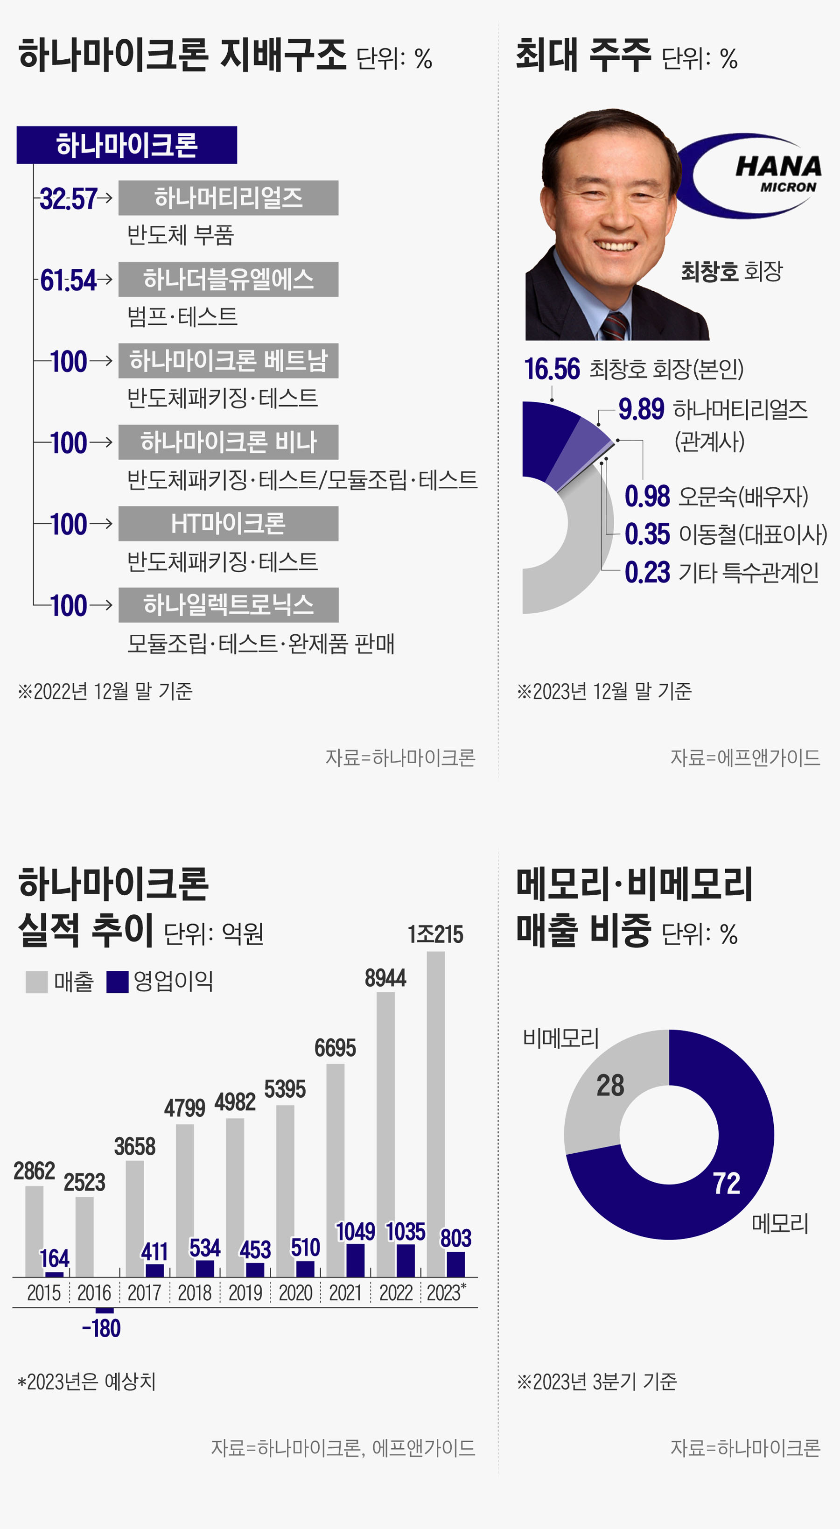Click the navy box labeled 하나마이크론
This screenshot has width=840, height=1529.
126,145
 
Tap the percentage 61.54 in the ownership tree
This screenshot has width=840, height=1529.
68,280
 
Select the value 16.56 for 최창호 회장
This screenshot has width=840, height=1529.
552,369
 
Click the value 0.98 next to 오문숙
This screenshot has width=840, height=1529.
647,497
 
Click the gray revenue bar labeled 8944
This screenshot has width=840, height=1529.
385,1134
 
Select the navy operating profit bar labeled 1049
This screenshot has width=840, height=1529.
355,1260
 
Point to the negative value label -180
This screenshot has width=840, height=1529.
102,1328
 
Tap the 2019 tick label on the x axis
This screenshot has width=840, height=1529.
245,1293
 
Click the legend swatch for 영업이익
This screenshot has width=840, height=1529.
117,982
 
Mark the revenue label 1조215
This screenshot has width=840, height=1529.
435,935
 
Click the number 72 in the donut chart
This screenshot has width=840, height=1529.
726,1183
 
